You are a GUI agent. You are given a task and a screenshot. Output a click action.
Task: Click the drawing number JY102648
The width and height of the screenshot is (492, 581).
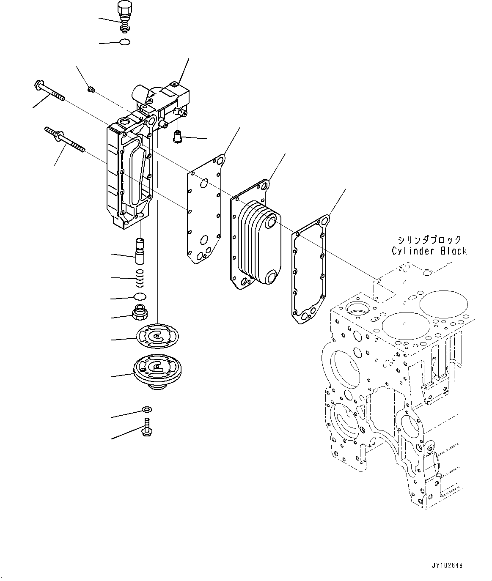(x=447, y=565)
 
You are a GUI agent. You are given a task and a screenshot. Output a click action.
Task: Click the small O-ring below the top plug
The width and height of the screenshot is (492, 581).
(x=124, y=42)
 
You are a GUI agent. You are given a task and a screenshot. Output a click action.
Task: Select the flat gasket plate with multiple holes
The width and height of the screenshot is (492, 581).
(x=204, y=211)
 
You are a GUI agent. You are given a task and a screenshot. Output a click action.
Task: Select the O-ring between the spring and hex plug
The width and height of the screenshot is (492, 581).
(x=140, y=296)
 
